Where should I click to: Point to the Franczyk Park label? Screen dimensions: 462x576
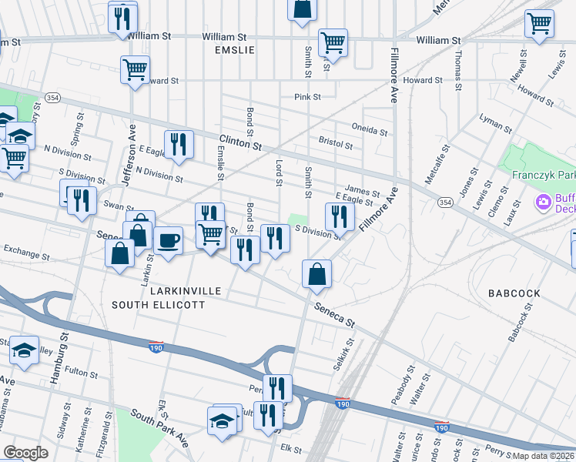(544, 175)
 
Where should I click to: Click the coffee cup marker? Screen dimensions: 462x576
(169, 241)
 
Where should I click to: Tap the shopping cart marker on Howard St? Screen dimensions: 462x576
(135, 69)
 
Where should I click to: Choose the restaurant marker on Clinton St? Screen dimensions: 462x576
(179, 144)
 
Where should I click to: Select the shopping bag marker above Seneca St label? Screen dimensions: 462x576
(316, 273)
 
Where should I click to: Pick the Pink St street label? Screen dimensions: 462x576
(307, 97)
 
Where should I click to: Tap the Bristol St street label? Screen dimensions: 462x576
(335, 144)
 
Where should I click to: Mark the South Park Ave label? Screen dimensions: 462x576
(159, 427)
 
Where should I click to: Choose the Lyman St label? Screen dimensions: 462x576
(495, 123)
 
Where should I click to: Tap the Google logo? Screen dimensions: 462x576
(25, 453)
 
